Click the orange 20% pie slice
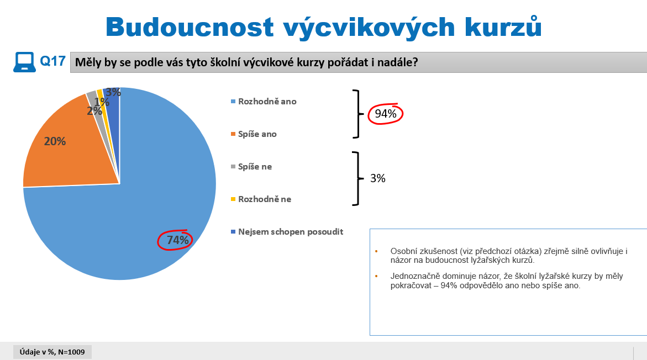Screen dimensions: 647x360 (70, 149)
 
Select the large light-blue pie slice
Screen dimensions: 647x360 (136, 206)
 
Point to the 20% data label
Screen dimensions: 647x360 (55, 141)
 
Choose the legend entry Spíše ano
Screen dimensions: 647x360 (254, 134)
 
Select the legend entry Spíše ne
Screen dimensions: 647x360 (251, 167)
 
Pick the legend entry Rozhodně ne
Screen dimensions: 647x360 (261, 199)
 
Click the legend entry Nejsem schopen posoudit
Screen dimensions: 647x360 (287, 232)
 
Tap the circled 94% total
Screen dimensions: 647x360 (386, 114)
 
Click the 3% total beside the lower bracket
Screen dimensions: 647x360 (377, 178)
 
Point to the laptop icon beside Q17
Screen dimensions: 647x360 (24, 62)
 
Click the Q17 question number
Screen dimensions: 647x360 (52, 61)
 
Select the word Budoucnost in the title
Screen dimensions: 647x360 (190, 27)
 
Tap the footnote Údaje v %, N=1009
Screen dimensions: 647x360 (52, 352)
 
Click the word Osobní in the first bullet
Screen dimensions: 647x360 (403, 251)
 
